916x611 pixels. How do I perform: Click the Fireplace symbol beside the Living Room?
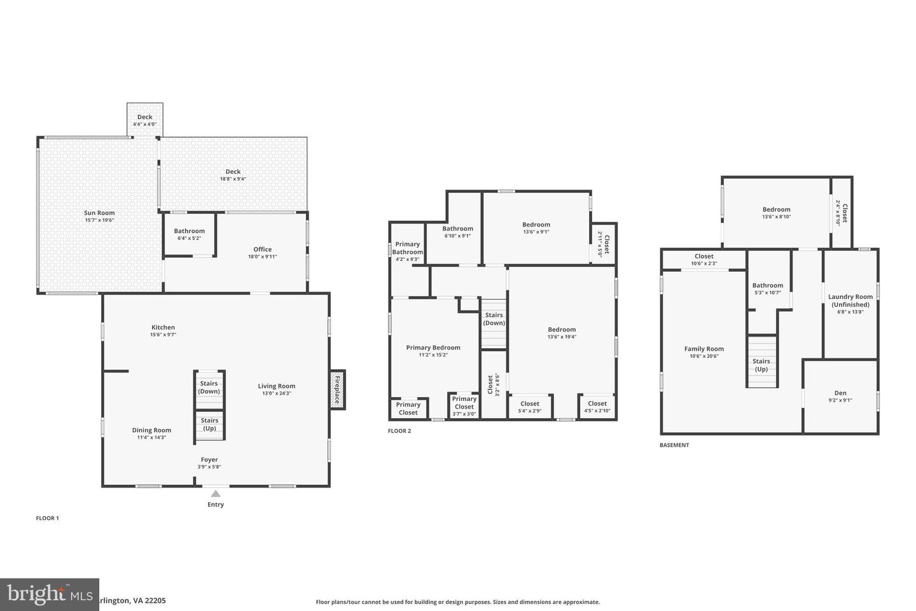point(337,390)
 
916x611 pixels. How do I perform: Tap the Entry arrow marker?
point(216,494)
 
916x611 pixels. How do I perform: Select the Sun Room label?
point(99,213)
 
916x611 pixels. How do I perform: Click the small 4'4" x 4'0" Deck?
point(145,120)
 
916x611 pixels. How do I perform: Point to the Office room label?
point(262,249)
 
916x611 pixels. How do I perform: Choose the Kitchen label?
point(163,328)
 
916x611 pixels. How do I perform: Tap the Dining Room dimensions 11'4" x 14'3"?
point(151,438)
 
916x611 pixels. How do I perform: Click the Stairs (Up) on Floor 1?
point(209,424)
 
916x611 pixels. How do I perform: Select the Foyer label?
point(209,460)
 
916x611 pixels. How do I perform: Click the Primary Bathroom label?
point(407,248)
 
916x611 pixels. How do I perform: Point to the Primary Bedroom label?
point(433,348)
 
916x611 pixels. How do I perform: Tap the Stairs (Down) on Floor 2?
point(494,319)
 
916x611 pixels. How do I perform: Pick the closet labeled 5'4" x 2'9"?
point(530,407)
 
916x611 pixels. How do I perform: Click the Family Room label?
point(704,349)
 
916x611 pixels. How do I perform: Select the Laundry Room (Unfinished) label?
point(850,300)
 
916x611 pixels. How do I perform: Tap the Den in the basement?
point(840,396)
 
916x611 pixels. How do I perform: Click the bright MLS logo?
point(50,594)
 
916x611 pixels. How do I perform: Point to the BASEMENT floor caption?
point(674,446)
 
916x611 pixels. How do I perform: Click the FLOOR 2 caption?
point(399,431)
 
